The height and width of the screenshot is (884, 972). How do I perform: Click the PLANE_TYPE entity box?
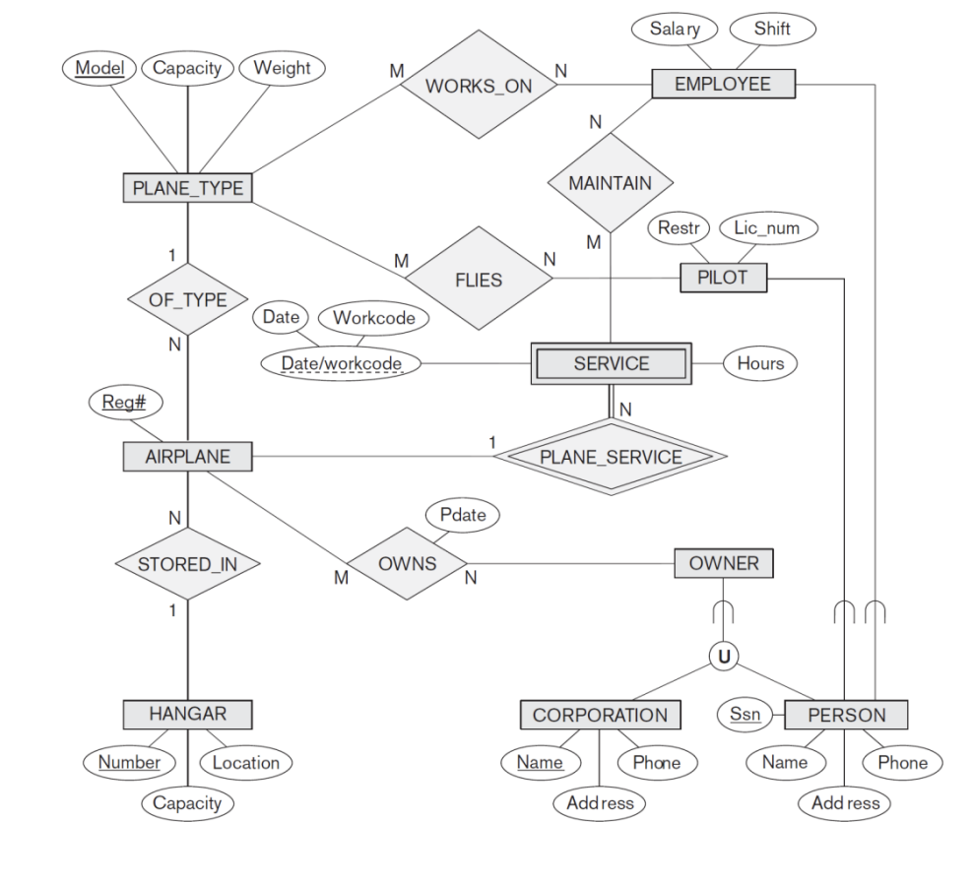(187, 188)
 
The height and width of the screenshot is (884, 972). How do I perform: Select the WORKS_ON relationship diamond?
(479, 86)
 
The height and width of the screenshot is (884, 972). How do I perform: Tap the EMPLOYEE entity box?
(723, 85)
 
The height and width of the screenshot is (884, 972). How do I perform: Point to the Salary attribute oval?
(676, 29)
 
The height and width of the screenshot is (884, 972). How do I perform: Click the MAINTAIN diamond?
(610, 183)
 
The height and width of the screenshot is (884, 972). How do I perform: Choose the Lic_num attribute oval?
(768, 228)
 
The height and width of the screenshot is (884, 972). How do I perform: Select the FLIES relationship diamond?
(479, 280)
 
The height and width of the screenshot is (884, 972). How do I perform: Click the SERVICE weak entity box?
(611, 363)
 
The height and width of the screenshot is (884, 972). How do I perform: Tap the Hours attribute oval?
(760, 363)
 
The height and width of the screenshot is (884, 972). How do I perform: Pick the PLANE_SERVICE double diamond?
(611, 457)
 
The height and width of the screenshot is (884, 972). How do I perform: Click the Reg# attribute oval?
(125, 402)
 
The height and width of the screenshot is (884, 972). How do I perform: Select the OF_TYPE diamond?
(186, 299)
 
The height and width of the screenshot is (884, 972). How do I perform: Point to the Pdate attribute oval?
(462, 515)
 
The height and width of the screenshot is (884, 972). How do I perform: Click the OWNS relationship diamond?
(408, 565)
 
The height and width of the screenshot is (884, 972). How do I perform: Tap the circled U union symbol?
(724, 656)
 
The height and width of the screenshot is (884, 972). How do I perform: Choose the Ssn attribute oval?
(745, 714)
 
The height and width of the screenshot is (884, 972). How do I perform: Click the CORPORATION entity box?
(600, 715)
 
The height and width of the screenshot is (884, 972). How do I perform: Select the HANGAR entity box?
(187, 714)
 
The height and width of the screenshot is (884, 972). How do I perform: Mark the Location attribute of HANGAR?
(246, 762)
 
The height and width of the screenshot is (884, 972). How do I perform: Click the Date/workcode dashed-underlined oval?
(341, 364)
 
